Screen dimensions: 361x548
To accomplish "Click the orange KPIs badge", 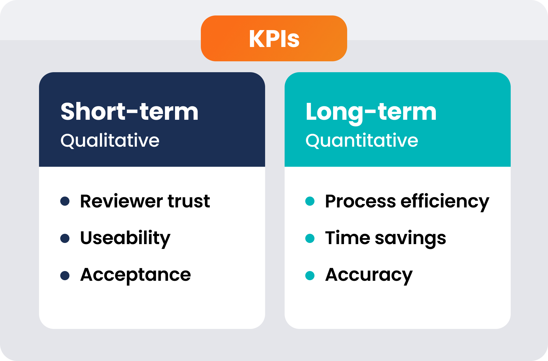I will click(274, 38).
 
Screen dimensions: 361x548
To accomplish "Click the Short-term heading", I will click(129, 112).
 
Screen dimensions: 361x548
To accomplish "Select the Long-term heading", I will click(371, 112).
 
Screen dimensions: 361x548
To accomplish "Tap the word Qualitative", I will click(110, 141).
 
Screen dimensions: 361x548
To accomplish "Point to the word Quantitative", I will click(362, 141).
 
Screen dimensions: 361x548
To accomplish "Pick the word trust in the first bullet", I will click(189, 201).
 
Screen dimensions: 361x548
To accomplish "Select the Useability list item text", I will click(125, 238).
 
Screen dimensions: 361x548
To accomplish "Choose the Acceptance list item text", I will click(135, 275).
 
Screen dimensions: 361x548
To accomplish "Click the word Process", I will click(360, 201).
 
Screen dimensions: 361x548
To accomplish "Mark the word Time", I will click(347, 238).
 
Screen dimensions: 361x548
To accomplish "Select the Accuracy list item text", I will click(369, 275).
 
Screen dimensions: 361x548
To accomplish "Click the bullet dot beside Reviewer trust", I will click(65, 201).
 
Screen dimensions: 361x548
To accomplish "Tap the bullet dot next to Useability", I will click(65, 238).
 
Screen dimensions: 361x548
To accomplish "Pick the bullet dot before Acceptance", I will click(65, 276).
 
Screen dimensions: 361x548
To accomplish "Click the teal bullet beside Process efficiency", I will click(310, 201).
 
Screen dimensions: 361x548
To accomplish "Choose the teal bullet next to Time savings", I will click(310, 238).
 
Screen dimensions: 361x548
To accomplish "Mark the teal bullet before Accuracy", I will click(310, 276).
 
